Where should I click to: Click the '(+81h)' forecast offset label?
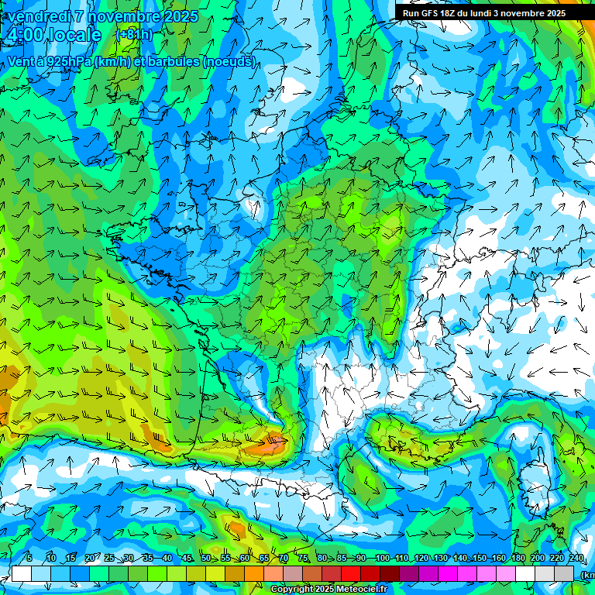134,35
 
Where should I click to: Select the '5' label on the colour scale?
29,559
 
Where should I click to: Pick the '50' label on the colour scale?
205,559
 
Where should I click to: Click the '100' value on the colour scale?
382,559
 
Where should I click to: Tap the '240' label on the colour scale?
576,559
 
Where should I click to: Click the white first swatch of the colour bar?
21,573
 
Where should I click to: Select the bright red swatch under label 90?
351,573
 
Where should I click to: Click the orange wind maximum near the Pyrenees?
267,445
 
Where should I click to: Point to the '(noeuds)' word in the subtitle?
229,61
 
